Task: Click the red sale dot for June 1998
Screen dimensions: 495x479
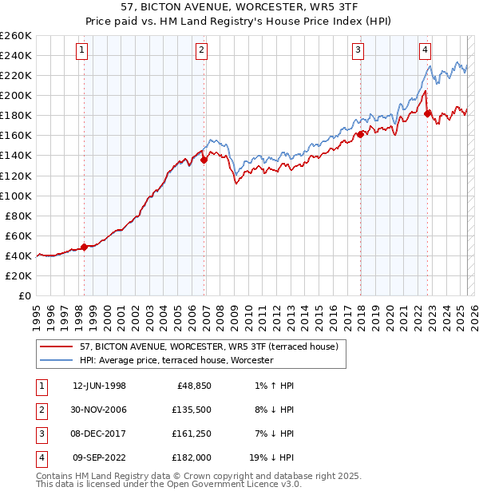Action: point(85,247)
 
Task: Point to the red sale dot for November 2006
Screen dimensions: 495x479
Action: point(204,160)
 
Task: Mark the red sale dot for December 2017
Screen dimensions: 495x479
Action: point(360,134)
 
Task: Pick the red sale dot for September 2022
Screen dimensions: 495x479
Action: point(427,113)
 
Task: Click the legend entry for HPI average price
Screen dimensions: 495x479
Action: point(176,361)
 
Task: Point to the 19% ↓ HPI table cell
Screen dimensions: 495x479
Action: point(271,458)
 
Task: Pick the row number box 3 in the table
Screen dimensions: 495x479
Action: point(41,434)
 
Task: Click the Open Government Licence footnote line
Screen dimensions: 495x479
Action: point(168,484)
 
